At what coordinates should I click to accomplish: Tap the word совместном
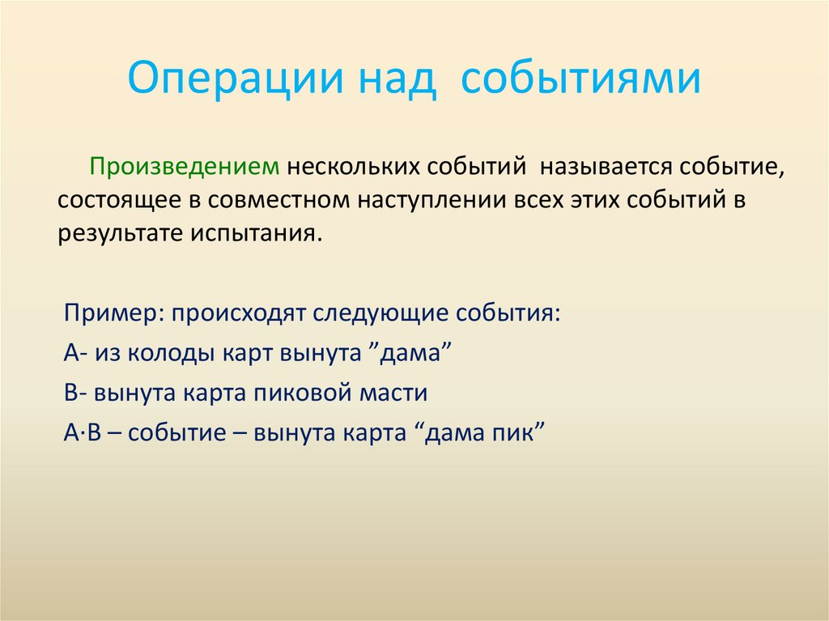coord(271,200)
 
